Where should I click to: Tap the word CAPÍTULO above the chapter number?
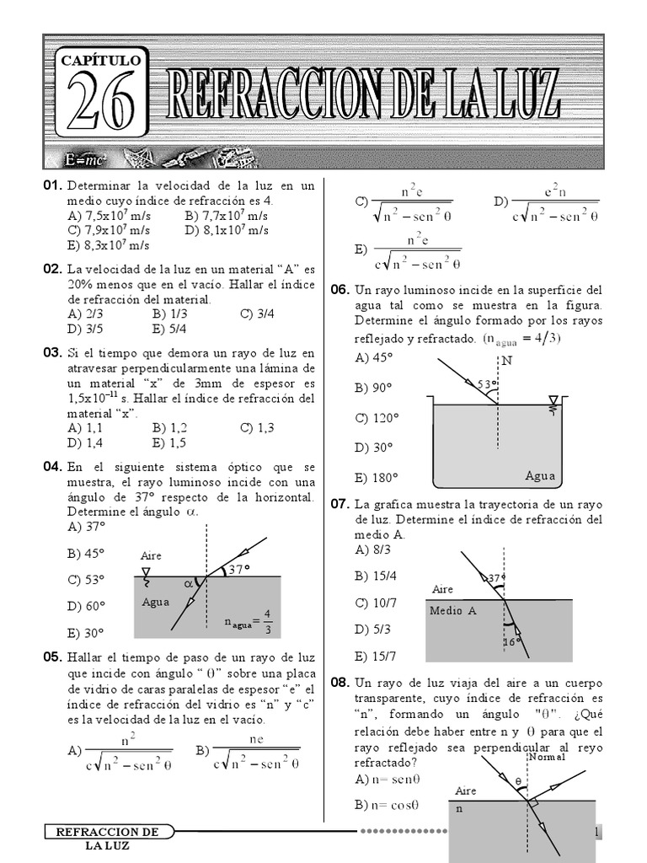(100, 61)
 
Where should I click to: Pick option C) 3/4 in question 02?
(257, 314)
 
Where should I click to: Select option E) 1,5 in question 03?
(169, 442)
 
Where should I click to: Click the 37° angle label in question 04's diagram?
(239, 570)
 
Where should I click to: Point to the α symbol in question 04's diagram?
(188, 582)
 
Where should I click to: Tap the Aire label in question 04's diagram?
(151, 556)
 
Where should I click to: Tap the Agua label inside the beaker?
(540, 475)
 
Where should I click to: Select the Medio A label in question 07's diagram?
(453, 611)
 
